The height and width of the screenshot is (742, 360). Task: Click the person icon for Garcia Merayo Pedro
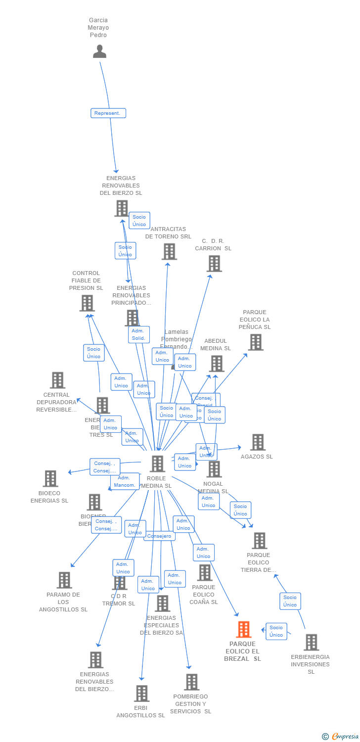point(99,51)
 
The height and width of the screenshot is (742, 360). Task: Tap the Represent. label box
point(108,113)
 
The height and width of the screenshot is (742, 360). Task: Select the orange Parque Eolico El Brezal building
point(243,629)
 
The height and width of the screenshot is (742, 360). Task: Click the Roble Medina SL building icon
point(157,464)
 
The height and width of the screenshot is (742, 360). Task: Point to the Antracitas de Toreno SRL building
point(169,252)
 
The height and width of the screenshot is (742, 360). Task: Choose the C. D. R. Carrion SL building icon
point(214,264)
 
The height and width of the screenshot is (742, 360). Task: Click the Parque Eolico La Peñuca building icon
point(255,342)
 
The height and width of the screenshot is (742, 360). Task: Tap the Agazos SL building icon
point(257,442)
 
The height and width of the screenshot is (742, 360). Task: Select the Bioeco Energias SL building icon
point(50,479)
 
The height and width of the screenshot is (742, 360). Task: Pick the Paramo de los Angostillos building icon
point(64,580)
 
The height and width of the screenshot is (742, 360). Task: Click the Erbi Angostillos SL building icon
point(141,694)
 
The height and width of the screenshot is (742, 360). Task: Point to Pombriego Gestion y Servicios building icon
point(191,682)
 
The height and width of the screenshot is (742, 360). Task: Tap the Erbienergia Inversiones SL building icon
point(311,642)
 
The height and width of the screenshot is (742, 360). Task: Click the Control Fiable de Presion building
point(87,303)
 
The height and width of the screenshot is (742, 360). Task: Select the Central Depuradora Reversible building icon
point(57,380)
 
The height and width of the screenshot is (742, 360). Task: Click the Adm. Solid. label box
point(138,335)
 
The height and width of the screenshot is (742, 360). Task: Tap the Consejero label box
point(159,536)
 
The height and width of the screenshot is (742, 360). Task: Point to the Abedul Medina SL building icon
point(216,364)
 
